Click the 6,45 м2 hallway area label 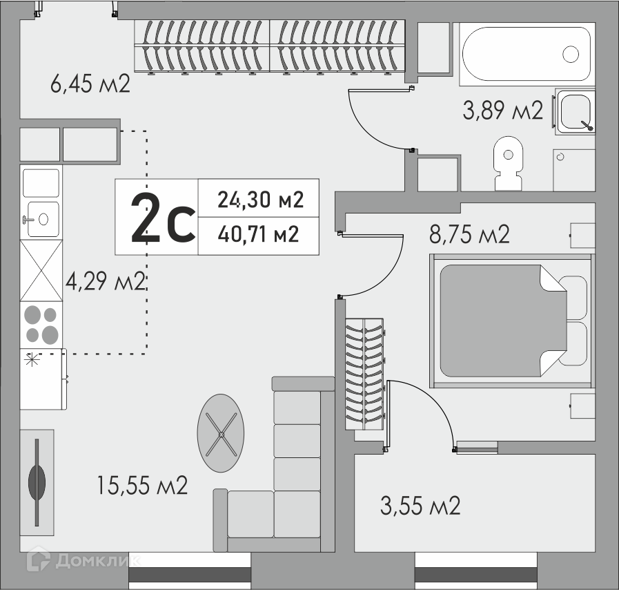tap(90, 84)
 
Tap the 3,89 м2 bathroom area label tap(503, 110)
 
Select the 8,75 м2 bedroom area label tap(469, 234)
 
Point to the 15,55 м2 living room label tap(142, 485)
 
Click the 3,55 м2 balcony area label tap(420, 506)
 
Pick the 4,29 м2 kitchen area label tap(106, 281)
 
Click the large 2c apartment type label tap(163, 218)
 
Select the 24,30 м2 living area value tap(261, 200)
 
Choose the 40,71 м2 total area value tap(258, 234)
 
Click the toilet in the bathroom tap(509, 163)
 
